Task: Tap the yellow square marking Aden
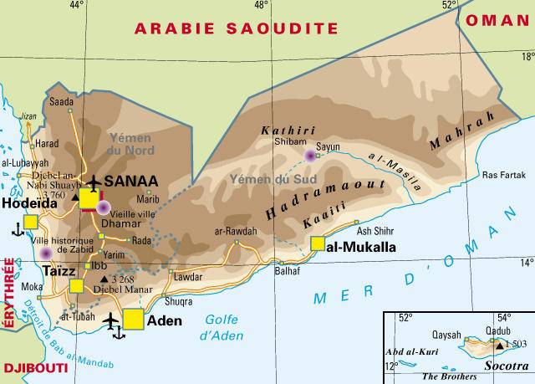[134, 320]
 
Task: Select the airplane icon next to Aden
[112, 320]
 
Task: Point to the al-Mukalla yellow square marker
[318, 243]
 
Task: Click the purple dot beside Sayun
[311, 156]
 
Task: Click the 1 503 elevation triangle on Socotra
[499, 344]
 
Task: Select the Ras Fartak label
[502, 175]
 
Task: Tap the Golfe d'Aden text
[223, 325]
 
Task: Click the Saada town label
[62, 102]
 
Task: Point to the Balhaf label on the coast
[286, 271]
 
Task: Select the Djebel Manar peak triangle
[104, 279]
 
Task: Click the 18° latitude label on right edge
[527, 56]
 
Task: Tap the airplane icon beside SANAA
[93, 182]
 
